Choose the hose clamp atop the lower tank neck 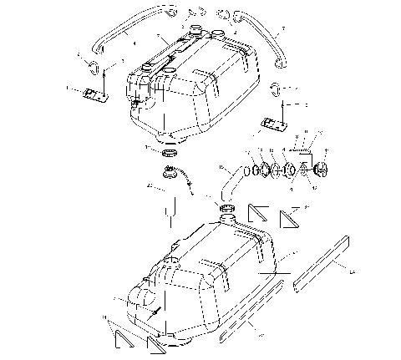[x=226, y=208]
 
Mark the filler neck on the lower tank [x=226, y=218]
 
